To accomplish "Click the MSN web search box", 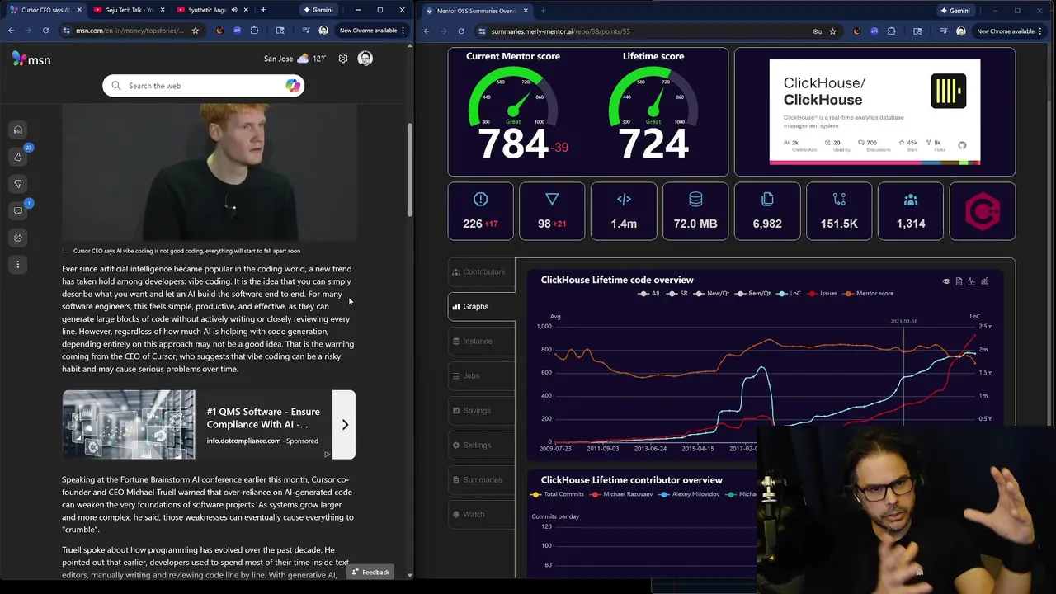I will [202, 86].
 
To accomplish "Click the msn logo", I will [31, 59].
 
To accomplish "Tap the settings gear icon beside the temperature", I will [343, 59].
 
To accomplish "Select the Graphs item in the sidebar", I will [476, 306].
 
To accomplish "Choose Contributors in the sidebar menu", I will [483, 271].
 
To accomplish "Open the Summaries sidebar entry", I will [482, 479].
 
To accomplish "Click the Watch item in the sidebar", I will [474, 514].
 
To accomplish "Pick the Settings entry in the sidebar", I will [476, 445].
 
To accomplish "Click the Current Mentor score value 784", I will [513, 145].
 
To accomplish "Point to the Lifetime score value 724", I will [653, 145].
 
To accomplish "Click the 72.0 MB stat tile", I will [695, 211].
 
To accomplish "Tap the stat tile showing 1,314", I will [911, 211].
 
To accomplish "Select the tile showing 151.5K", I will [839, 211].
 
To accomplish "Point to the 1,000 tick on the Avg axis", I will [544, 327].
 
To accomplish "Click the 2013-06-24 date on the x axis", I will [650, 449].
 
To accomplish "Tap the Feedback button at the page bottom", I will [370, 573].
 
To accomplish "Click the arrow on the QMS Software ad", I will [345, 425].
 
